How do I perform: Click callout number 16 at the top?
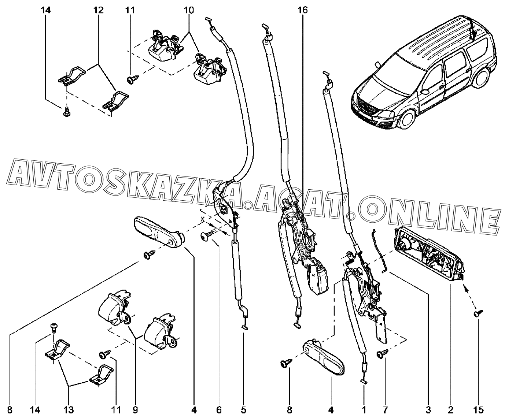click(303, 10)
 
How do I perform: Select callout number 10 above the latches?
click(189, 10)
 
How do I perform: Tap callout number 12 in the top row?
click(98, 10)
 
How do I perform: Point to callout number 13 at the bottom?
click(69, 410)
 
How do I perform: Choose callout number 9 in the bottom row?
click(135, 410)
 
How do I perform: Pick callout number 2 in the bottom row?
click(450, 410)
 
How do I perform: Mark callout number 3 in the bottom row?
click(428, 410)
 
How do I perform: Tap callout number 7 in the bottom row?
click(385, 410)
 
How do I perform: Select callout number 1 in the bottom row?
click(364, 410)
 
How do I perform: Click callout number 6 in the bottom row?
click(219, 410)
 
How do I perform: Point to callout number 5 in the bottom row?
click(244, 410)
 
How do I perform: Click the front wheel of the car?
click(408, 119)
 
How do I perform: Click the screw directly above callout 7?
click(382, 354)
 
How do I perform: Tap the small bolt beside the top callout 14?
click(66, 112)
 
